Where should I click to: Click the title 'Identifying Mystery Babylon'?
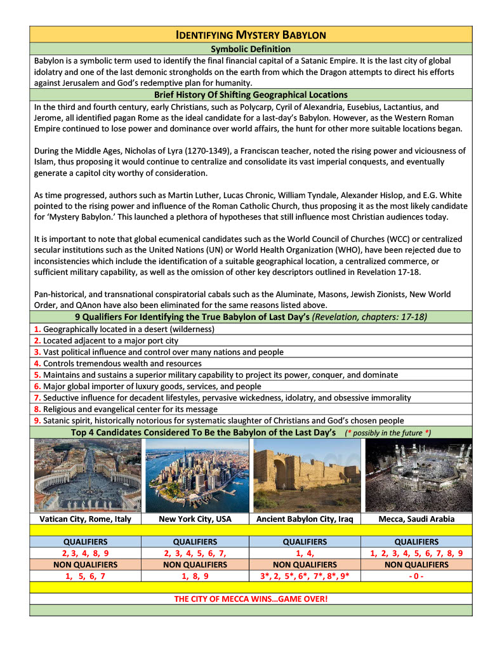[251, 34]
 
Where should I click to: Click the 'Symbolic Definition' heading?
[251, 49]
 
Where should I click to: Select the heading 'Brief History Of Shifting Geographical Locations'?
[251, 95]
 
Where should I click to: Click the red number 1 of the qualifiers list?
[37, 329]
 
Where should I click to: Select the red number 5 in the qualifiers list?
[37, 375]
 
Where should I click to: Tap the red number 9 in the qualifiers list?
[37, 420]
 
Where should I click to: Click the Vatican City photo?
[88, 475]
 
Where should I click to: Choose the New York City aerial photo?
[197, 475]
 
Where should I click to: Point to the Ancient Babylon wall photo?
[306, 475]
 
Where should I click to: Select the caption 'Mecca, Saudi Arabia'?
[416, 519]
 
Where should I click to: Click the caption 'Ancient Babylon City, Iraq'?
[305, 519]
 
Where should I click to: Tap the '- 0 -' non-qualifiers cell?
[416, 576]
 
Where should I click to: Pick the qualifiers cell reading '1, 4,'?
[305, 553]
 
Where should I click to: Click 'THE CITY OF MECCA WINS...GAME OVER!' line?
[251, 599]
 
